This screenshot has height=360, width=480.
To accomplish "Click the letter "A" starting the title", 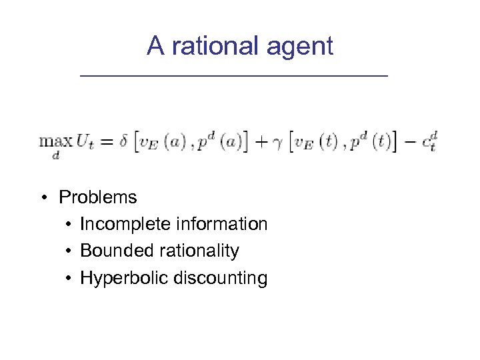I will point(155,46).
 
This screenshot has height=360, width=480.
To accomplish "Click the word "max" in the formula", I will point(56,141).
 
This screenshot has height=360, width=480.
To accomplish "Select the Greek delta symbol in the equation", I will point(124,141).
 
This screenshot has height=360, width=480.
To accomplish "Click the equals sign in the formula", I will point(107,142).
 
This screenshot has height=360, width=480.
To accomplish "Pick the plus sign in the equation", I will point(261,142).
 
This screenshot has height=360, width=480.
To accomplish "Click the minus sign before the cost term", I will point(410,142).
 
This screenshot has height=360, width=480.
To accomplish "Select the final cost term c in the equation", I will point(427,142).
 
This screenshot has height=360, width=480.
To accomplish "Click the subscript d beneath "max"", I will point(55,155).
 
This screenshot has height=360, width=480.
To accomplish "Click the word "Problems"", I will point(98,197).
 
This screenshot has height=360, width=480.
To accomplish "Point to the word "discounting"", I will point(220,278).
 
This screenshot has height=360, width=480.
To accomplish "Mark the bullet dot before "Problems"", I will point(43,198).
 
